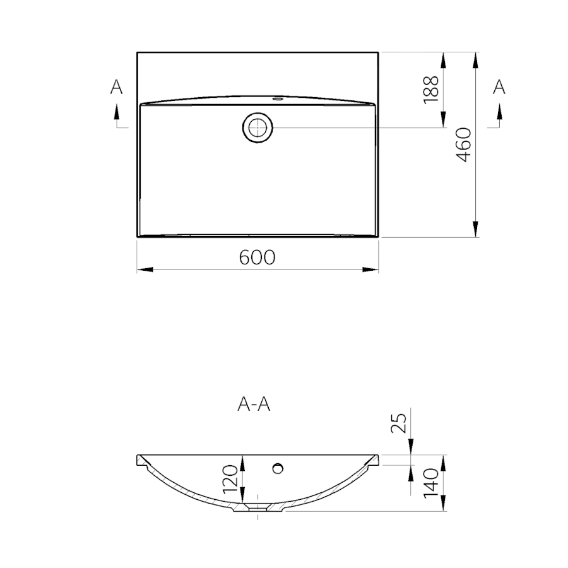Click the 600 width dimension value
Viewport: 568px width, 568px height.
click(x=257, y=257)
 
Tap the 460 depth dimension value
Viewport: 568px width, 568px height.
click(x=463, y=145)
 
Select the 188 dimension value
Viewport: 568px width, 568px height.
click(x=431, y=90)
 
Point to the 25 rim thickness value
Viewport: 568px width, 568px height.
click(x=399, y=423)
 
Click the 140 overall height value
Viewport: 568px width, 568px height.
click(x=431, y=483)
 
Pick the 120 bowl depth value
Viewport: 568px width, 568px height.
click(x=230, y=480)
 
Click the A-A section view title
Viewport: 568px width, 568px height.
click(x=254, y=404)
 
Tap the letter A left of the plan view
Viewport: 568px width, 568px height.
click(x=116, y=87)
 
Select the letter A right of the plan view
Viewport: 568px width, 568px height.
click(x=499, y=87)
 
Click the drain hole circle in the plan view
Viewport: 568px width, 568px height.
click(x=257, y=127)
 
